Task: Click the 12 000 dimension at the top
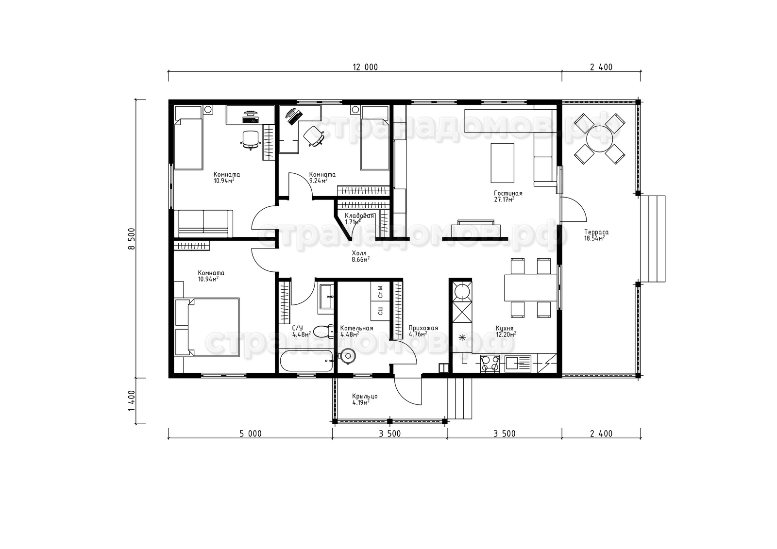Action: (x=365, y=67)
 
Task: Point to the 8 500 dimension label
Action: (x=131, y=239)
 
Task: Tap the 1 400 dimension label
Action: (x=131, y=400)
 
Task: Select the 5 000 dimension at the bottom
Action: (x=251, y=434)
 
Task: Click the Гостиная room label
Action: (x=508, y=194)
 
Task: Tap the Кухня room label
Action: (x=505, y=329)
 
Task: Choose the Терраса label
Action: (x=596, y=232)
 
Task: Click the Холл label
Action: (x=359, y=253)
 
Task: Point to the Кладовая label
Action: (x=359, y=216)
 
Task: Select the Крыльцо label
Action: (x=365, y=397)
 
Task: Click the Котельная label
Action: (x=356, y=329)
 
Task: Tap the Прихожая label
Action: (x=423, y=328)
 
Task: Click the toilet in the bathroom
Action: (x=323, y=331)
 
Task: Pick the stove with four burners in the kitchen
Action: (x=490, y=364)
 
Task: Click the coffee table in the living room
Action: (x=502, y=163)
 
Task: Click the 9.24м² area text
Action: (x=319, y=181)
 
